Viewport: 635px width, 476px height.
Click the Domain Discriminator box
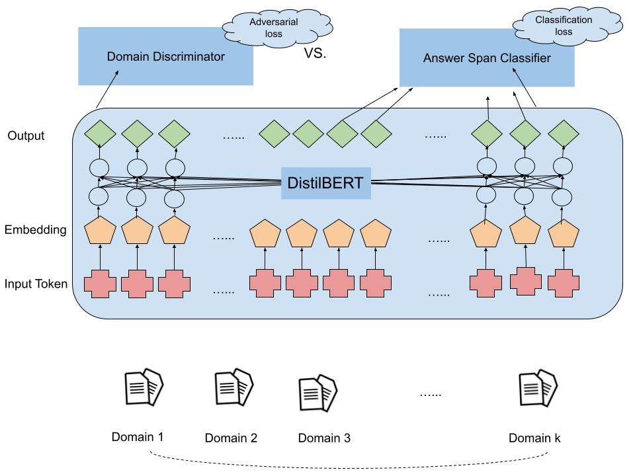[165, 56]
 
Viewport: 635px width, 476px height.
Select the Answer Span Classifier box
[486, 58]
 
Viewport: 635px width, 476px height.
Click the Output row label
[26, 136]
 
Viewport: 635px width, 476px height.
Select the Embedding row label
[36, 230]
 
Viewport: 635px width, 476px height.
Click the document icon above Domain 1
[144, 389]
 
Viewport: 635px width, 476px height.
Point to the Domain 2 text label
[231, 438]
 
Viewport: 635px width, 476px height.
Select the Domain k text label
[535, 438]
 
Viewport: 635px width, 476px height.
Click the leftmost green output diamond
[101, 135]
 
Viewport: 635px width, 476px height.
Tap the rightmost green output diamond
[564, 135]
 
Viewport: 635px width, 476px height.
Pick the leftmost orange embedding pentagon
[101, 231]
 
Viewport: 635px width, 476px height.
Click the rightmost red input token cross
[564, 283]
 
